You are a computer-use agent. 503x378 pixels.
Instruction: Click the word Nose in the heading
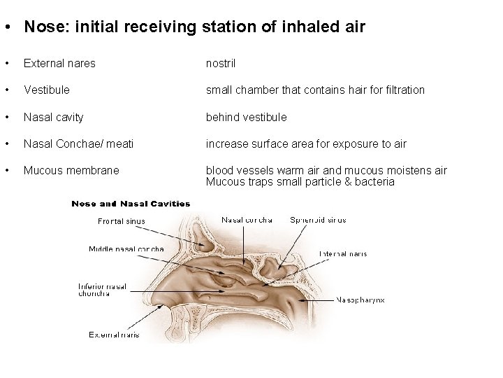tap(41, 27)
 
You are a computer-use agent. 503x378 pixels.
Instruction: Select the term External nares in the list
tap(59, 64)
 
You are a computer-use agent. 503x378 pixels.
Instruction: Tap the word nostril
tap(220, 64)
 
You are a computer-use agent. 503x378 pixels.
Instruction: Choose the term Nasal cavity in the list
tap(53, 117)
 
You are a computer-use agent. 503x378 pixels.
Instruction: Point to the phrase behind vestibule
tap(246, 117)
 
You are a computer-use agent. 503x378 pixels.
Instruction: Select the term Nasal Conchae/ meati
tap(78, 143)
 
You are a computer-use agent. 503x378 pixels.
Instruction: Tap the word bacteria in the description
tap(374, 182)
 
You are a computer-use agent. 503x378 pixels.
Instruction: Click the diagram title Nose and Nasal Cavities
tap(131, 204)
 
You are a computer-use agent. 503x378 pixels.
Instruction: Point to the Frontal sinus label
tap(122, 221)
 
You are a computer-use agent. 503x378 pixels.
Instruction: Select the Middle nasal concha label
tap(126, 248)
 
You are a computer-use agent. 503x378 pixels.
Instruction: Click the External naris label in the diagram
tap(114, 335)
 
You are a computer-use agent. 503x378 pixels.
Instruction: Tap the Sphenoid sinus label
tap(318, 220)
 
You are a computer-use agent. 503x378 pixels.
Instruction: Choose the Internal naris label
tap(343, 253)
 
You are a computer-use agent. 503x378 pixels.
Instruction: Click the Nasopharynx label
tap(360, 300)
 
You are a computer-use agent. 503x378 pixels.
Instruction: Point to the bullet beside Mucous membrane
tap(6, 170)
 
